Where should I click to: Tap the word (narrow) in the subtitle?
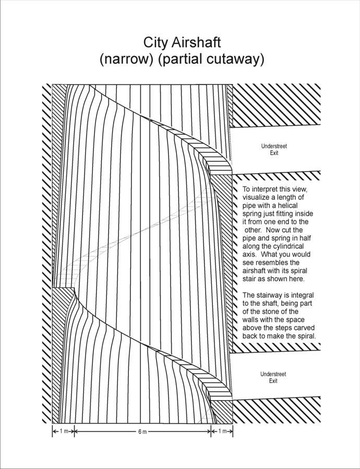126,59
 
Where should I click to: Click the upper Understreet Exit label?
273,150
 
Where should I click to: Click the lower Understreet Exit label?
273,377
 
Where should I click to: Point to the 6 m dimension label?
142,432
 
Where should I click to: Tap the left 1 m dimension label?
63,432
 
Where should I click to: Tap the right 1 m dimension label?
222,432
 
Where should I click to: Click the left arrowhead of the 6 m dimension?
77,432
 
